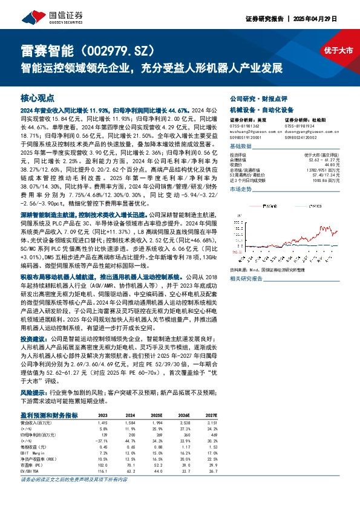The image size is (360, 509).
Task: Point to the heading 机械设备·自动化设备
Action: pos(253,110)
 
